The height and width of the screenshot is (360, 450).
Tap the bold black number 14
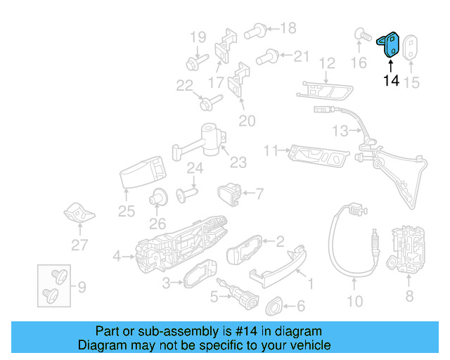tap(391, 81)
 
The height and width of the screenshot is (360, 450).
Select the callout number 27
tap(79, 245)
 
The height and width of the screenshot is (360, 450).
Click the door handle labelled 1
tap(278, 268)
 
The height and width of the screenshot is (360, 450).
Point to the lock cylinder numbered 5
tap(238, 292)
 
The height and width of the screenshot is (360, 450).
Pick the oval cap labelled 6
tap(274, 306)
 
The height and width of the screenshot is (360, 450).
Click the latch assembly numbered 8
tap(405, 249)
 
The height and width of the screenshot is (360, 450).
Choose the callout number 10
tap(355, 302)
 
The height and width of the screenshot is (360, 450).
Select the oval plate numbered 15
tap(411, 47)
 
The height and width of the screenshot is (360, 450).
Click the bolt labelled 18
tap(255, 31)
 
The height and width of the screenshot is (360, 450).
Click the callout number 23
tap(238, 162)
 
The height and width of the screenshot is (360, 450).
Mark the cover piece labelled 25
tap(143, 172)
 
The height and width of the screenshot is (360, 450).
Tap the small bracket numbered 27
tap(79, 213)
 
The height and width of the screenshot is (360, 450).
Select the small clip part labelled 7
tap(230, 194)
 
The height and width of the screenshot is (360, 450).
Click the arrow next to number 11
tap(284, 150)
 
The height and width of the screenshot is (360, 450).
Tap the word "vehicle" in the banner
tap(312, 345)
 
